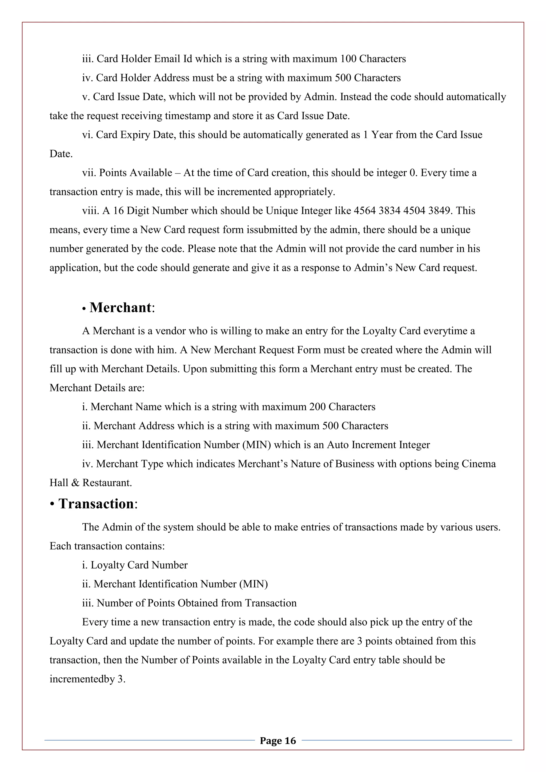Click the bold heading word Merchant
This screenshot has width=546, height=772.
coord(120,308)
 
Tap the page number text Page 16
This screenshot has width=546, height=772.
coord(278,740)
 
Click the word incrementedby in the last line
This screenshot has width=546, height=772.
coord(82,679)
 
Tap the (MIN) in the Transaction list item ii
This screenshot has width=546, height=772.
coord(254,584)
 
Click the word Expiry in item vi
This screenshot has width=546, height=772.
coord(135,135)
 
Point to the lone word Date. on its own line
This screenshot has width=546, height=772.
coord(61,154)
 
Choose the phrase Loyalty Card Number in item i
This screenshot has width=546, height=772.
coord(139,565)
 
